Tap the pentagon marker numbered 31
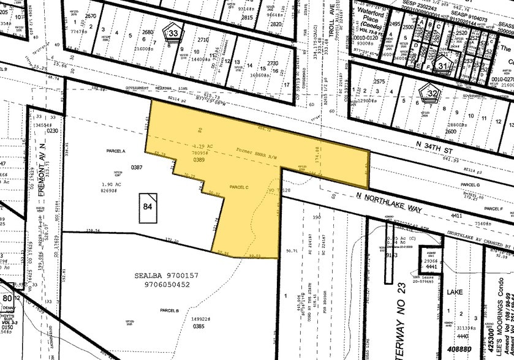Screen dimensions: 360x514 444,64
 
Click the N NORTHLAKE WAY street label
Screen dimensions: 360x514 389,203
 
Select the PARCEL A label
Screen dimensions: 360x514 115,151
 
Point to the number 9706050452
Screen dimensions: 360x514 161,284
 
